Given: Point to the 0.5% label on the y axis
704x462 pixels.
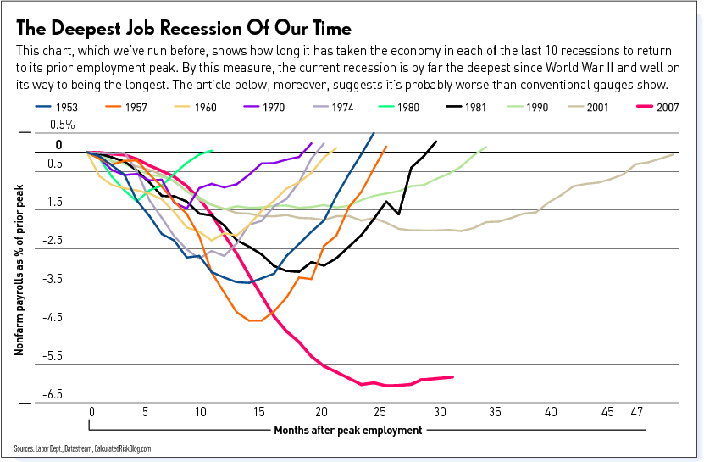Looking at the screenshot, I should (x=63, y=125).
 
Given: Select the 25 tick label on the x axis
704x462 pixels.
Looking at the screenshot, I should (x=379, y=411).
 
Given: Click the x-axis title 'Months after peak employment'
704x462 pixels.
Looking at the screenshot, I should (x=347, y=430).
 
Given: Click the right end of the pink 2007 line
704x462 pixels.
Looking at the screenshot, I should (x=453, y=376).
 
